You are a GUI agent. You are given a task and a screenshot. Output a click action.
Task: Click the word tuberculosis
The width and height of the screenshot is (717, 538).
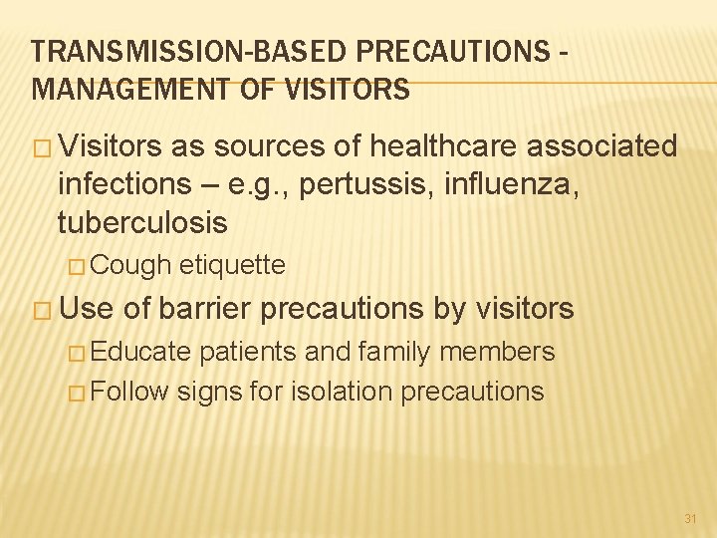point(142,220)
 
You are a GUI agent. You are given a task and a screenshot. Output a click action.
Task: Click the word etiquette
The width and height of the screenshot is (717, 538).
point(232,265)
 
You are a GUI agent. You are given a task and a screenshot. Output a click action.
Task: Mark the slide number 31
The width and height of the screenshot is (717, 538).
point(690,518)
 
